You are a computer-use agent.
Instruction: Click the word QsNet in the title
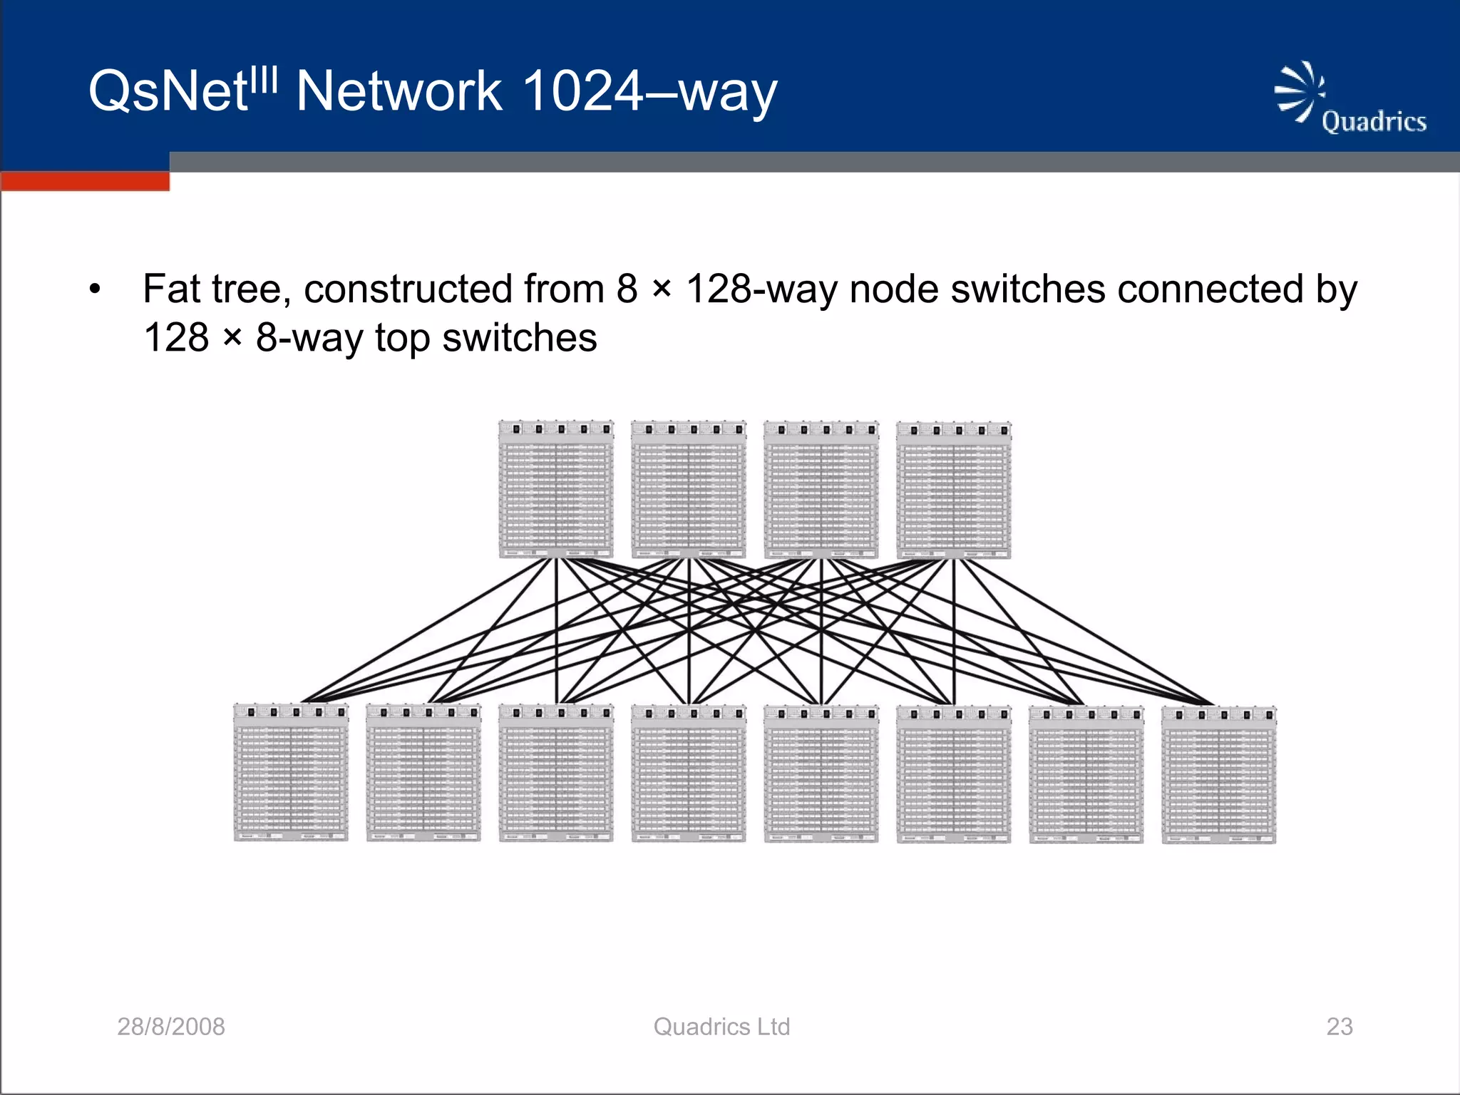168,93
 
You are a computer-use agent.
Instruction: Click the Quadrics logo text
1373,122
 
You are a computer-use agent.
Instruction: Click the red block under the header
85,181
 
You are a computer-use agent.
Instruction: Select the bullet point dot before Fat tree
95,290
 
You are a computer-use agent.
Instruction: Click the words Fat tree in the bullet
216,289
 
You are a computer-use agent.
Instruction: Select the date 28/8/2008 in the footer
171,1027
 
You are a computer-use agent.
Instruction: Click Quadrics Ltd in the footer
721,1027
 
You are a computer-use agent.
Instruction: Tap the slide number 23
1339,1027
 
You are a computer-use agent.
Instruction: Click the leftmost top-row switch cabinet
556,489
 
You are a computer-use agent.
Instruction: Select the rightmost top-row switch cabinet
954,489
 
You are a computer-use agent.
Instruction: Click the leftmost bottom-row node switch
291,773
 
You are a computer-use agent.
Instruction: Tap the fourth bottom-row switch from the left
689,773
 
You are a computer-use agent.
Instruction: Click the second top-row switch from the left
689,489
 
